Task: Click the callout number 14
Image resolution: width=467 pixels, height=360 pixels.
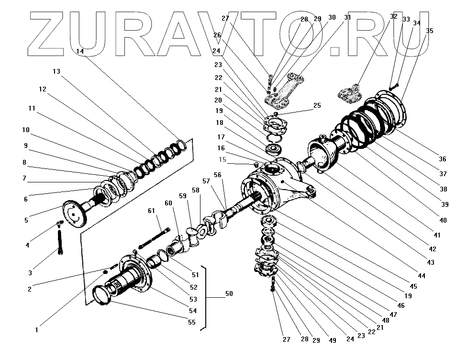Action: click(79, 51)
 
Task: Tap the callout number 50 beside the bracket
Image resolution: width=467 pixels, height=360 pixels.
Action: click(229, 293)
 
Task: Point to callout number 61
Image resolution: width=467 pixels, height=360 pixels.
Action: click(151, 211)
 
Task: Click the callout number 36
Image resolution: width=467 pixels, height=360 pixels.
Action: click(442, 159)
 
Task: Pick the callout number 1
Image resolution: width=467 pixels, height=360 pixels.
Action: click(36, 330)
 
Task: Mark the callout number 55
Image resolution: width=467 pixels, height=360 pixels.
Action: click(191, 322)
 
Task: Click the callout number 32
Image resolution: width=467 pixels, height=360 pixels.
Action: click(393, 16)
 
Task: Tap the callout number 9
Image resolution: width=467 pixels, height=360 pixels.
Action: click(25, 146)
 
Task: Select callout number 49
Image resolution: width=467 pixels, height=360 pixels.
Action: click(333, 340)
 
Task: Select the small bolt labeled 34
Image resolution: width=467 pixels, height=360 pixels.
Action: click(393, 87)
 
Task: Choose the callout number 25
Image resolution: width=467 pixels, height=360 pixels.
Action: click(317, 105)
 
